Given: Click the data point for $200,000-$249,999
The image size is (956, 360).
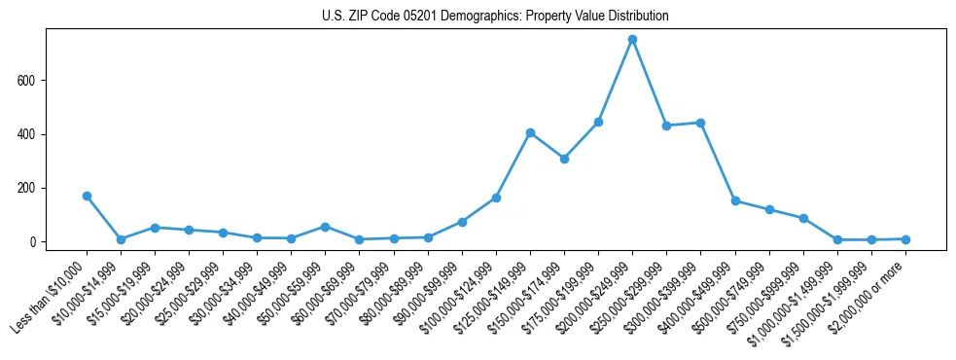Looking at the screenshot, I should coord(632,39).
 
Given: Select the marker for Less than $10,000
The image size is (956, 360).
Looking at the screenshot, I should coord(87,196).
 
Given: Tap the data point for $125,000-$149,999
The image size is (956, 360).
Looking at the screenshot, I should coord(530,132).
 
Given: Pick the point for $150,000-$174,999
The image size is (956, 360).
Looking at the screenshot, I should coord(564,159).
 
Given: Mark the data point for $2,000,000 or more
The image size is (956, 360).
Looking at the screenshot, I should coord(905,239).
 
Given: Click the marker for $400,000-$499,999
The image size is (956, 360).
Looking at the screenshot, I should coord(734,200).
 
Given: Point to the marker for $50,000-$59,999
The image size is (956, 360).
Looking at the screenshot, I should coord(326,227).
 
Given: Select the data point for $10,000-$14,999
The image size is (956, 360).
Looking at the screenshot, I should coord(121,239).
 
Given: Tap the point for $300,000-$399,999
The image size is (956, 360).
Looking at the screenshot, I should coord(700,123).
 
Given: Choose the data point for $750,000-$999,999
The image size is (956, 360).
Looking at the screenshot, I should coord(803,218).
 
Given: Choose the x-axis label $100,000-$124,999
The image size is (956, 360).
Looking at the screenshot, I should coord(460,292).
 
